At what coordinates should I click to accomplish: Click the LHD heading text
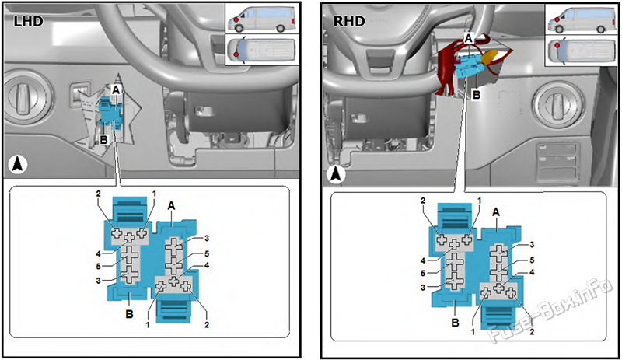[28, 21]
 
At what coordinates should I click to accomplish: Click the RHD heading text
[348, 21]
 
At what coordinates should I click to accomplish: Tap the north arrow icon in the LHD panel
[17, 165]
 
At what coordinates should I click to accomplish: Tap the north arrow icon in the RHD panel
[337, 174]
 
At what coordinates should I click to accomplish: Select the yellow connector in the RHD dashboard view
[490, 58]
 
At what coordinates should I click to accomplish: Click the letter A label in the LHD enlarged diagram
[171, 205]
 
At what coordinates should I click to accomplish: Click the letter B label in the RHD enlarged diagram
[455, 323]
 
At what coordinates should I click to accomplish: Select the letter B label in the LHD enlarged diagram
[129, 314]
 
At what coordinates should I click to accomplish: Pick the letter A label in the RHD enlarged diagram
[496, 213]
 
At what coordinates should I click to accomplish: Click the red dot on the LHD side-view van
[236, 19]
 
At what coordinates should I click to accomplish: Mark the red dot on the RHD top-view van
[557, 45]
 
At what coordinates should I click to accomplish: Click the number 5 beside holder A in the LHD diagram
[206, 254]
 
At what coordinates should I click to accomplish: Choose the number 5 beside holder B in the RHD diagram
[423, 274]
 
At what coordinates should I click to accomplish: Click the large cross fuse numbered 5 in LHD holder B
[129, 255]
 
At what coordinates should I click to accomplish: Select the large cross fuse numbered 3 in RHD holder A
[499, 253]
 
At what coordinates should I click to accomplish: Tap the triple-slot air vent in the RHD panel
[556, 161]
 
